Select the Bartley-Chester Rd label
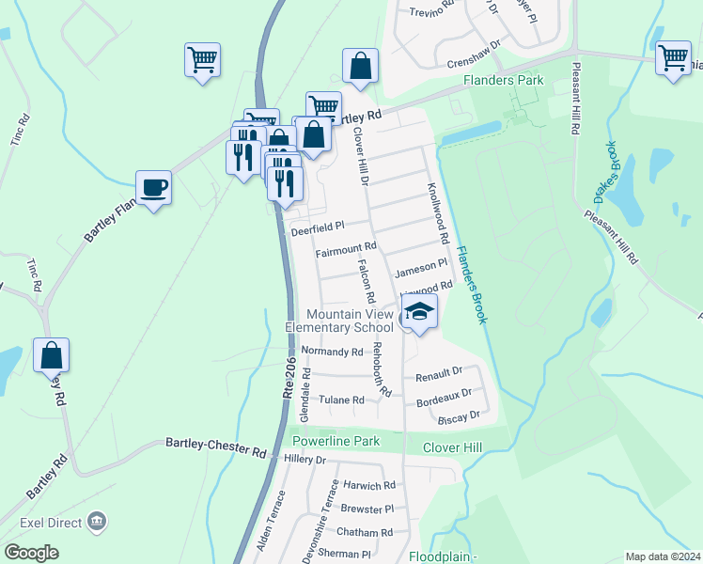[x=216, y=446]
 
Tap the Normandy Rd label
[x=331, y=352]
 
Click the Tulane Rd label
[x=340, y=400]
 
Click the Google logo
[x=30, y=553]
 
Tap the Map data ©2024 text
[x=663, y=556]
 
